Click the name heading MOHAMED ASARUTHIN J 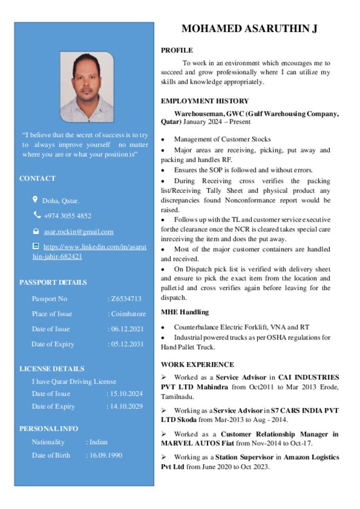pyautogui.click(x=249, y=29)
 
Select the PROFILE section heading pyautogui.click(x=177, y=50)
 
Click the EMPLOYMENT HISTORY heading pyautogui.click(x=204, y=101)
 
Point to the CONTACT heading pyautogui.click(x=37, y=178)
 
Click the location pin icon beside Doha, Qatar pyautogui.click(x=35, y=200)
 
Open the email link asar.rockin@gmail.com pyautogui.click(x=78, y=232)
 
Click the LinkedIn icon pyautogui.click(x=35, y=246)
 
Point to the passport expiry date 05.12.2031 pyautogui.click(x=127, y=344)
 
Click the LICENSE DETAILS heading pyautogui.click(x=52, y=369)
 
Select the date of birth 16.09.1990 pyautogui.click(x=105, y=455)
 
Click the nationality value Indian pyautogui.click(x=98, y=442)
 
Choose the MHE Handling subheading pyautogui.click(x=184, y=312)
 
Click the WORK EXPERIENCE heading pyautogui.click(x=197, y=364)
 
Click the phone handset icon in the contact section pyautogui.click(x=37, y=215)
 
